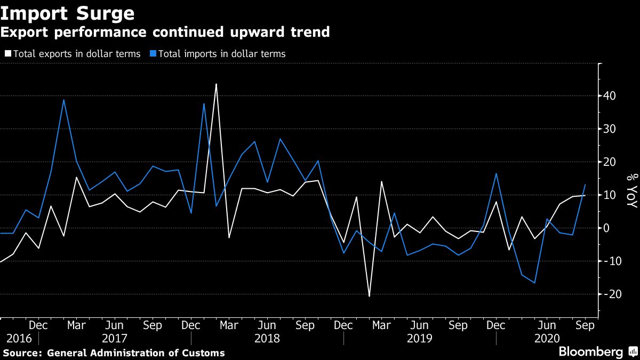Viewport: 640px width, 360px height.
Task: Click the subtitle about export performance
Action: pos(165,32)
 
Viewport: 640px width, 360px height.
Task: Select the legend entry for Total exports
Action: pos(73,54)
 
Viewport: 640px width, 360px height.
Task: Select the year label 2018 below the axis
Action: pos(267,339)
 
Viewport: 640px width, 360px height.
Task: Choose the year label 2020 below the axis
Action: pos(547,339)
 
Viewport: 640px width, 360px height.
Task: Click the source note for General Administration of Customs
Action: pos(113,353)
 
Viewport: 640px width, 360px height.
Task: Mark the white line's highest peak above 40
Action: pos(216,84)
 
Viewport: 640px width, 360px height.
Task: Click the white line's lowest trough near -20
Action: pos(369,295)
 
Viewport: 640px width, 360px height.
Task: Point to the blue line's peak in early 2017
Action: pos(63,100)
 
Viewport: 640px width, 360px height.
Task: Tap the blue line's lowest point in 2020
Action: pos(534,283)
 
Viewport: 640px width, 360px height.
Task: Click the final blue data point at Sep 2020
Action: pos(585,185)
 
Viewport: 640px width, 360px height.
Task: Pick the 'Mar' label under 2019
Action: pos(381,325)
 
